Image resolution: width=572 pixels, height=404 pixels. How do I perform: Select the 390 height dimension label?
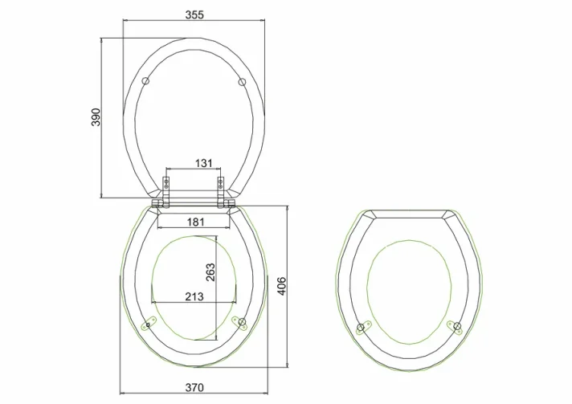96,117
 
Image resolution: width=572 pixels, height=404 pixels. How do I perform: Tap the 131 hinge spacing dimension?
204,163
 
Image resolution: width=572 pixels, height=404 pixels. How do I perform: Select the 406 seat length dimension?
281,285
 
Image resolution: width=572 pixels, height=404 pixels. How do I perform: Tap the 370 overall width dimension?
194,387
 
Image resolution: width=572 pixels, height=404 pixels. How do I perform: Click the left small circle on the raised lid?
145,82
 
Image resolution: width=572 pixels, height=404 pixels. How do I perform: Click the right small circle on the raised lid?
241,82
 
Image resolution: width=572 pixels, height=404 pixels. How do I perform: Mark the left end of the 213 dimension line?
152,302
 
